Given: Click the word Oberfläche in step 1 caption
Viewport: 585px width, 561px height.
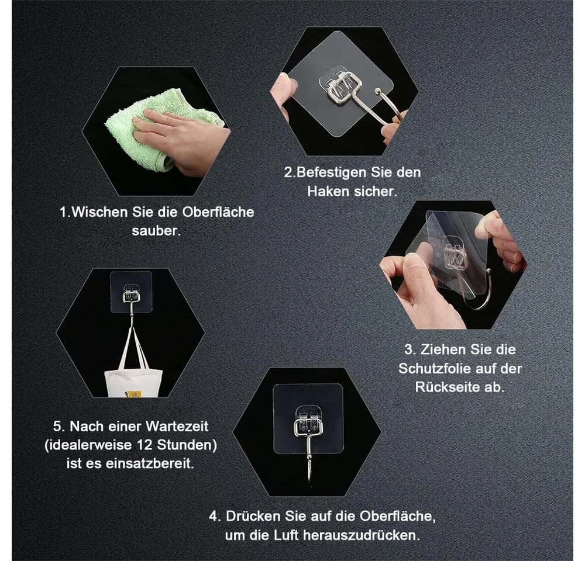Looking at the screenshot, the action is pyautogui.click(x=218, y=212).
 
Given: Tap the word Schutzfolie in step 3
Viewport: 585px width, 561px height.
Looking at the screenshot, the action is pyautogui.click(x=436, y=368).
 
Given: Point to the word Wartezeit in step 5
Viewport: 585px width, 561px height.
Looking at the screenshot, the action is pyautogui.click(x=177, y=426).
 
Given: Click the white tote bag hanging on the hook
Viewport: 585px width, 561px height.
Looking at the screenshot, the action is pyautogui.click(x=133, y=380).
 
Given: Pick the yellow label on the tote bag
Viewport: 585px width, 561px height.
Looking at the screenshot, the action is pyautogui.click(x=134, y=394).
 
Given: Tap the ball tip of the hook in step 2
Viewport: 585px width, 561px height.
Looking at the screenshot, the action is pyautogui.click(x=377, y=91).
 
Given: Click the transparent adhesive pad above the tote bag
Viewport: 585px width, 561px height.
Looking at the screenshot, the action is pyautogui.click(x=131, y=292).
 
